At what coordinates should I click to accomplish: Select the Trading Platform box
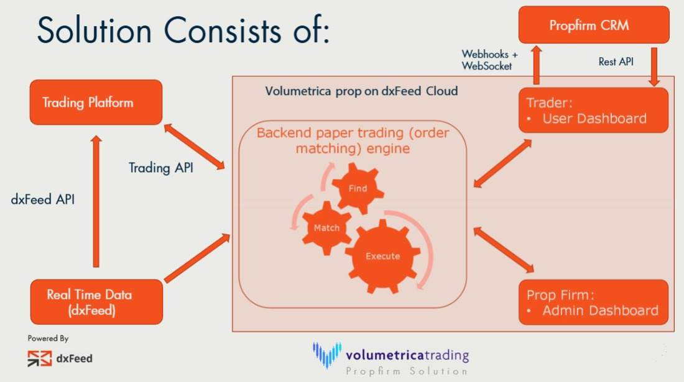(x=96, y=102)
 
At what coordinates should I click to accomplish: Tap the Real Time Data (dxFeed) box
(x=96, y=302)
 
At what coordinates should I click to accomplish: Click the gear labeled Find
(x=358, y=188)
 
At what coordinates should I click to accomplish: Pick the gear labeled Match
(x=326, y=227)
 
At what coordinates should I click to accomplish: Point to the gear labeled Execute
(x=382, y=256)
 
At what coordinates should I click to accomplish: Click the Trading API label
(x=160, y=168)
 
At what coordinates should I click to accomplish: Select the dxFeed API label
(x=43, y=200)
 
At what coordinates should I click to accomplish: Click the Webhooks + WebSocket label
(x=489, y=60)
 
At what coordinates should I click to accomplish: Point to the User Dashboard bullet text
(x=594, y=118)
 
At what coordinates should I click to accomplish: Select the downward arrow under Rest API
(x=654, y=68)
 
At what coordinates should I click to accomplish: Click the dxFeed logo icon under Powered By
(x=40, y=358)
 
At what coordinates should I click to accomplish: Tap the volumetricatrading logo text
(x=407, y=355)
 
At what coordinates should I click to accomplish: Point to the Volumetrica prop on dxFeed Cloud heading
(x=361, y=91)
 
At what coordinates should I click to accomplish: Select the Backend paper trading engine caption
(x=352, y=140)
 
